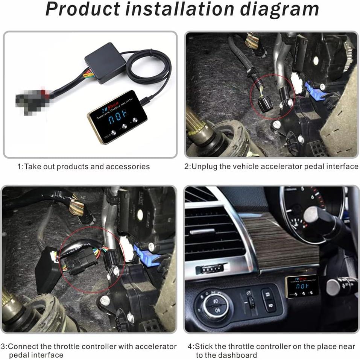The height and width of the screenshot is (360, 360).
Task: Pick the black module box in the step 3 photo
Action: [x=47, y=269]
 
